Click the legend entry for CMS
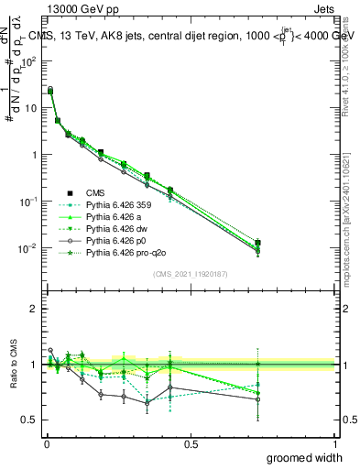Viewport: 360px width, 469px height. pyautogui.click(x=95, y=192)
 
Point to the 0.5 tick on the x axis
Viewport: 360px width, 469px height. pyautogui.click(x=191, y=443)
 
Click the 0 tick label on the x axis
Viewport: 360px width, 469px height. pyautogui.click(x=46, y=443)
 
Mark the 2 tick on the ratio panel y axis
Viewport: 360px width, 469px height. pyautogui.click(x=33, y=309)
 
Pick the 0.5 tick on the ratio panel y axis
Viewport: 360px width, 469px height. pyautogui.click(x=29, y=420)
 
